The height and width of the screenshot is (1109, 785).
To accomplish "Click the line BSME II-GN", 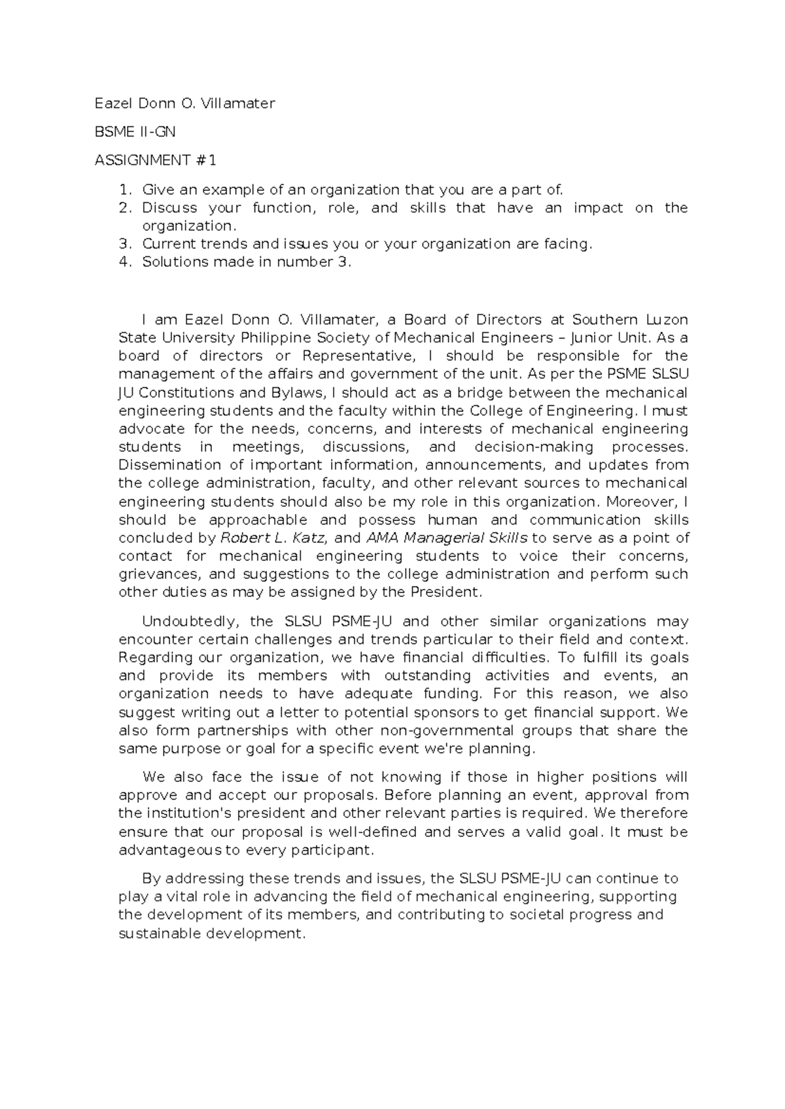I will pyautogui.click(x=135, y=131).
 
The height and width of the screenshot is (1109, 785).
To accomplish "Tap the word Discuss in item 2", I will pyautogui.click(x=169, y=208).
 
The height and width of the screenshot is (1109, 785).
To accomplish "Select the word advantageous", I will pyautogui.click(x=170, y=851).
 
